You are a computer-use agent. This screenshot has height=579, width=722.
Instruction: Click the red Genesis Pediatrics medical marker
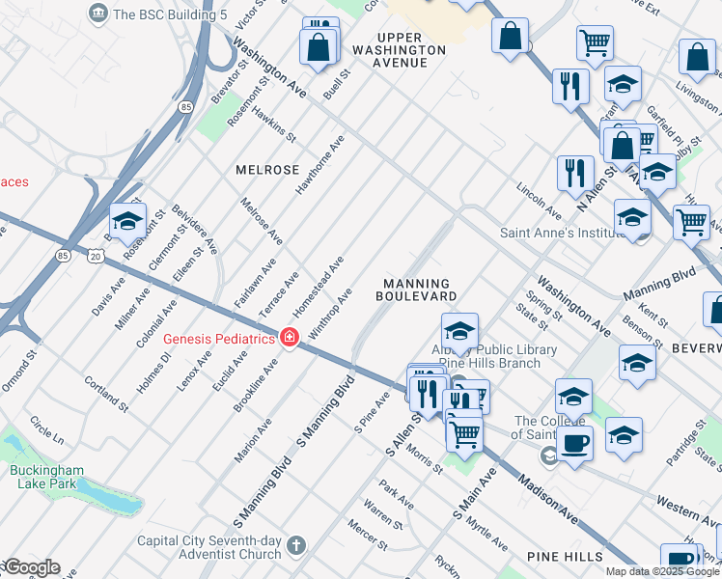tap(289, 337)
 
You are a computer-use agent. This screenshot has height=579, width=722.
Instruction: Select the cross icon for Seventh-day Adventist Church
tap(295, 546)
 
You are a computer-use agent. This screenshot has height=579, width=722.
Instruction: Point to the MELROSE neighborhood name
tap(267, 170)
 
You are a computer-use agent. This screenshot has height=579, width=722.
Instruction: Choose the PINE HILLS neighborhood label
tap(565, 557)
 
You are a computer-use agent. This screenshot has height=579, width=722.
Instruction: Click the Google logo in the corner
tap(32, 567)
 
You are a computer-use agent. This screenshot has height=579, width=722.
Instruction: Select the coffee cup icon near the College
tap(575, 443)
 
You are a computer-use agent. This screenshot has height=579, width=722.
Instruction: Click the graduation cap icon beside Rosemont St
tap(127, 223)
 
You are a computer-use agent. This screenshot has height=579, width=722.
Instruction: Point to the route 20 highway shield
tap(94, 256)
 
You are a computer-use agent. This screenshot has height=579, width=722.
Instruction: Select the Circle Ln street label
tap(46, 430)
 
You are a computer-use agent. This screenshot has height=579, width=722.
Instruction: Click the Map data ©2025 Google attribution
tap(662, 571)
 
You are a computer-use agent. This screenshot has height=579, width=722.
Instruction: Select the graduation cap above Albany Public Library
tap(460, 331)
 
